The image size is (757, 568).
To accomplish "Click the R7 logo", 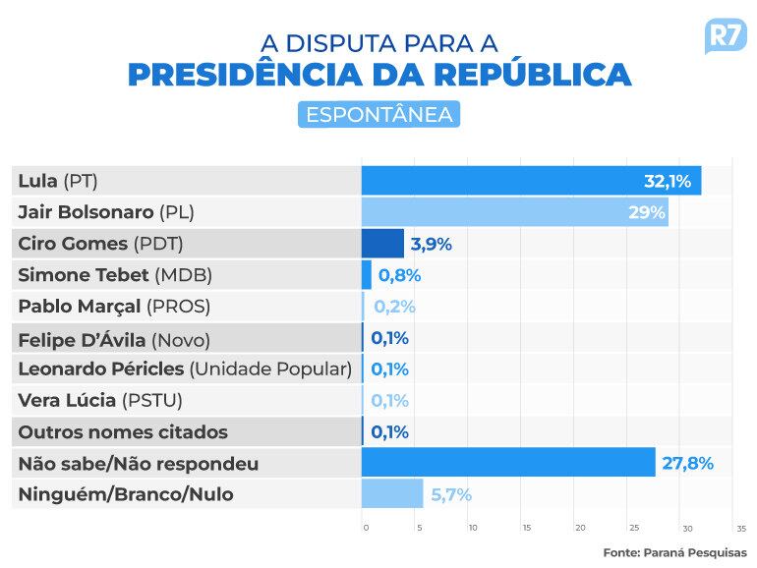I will (x=726, y=36).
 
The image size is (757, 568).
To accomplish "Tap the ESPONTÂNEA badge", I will (x=378, y=114).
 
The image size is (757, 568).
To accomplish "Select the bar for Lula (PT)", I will (x=531, y=181).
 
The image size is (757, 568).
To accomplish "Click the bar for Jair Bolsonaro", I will (x=514, y=212).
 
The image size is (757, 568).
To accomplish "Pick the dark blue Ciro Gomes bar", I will (x=382, y=244).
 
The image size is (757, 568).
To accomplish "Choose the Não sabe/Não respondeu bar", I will (x=508, y=463).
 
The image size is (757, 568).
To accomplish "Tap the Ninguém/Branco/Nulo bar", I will (x=392, y=494).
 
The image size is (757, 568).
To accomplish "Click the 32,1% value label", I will (x=668, y=181).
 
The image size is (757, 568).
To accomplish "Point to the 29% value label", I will (x=646, y=212).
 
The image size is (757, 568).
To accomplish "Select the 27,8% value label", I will (x=687, y=463).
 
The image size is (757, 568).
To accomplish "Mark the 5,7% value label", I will (x=451, y=494).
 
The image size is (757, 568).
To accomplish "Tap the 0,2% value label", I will (x=394, y=307).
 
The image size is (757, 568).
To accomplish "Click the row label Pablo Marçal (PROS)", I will (x=114, y=307).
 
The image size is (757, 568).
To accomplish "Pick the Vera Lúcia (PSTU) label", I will (x=100, y=401).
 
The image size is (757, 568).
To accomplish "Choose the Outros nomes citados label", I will (x=123, y=432).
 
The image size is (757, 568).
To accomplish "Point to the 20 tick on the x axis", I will (x=580, y=528).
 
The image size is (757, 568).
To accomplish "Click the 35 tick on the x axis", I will (x=740, y=528).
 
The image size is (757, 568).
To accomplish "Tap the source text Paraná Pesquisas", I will (x=674, y=552).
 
